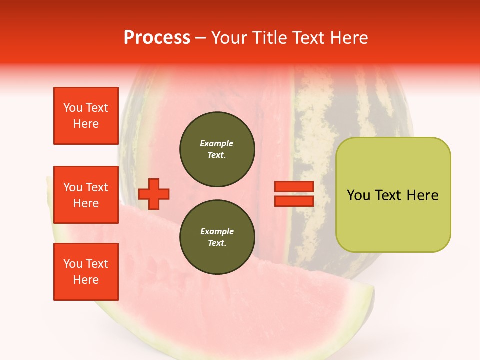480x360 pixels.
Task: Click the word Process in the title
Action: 157,38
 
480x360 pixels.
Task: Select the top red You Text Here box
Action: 86,116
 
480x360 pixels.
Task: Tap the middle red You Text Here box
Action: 86,195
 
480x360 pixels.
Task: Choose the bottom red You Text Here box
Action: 86,272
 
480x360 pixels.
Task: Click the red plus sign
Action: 154,194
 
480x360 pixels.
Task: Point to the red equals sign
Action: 294,194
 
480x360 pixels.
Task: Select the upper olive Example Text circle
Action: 217,149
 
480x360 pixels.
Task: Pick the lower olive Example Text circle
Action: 217,237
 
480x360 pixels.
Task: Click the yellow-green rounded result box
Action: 393,195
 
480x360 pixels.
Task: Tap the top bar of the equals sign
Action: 294,187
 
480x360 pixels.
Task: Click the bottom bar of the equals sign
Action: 294,201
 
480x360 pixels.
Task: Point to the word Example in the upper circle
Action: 217,144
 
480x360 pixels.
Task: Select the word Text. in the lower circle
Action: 217,243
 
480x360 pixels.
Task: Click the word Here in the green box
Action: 422,195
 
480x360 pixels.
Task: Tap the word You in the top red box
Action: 73,108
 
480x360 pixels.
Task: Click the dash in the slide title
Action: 201,38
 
